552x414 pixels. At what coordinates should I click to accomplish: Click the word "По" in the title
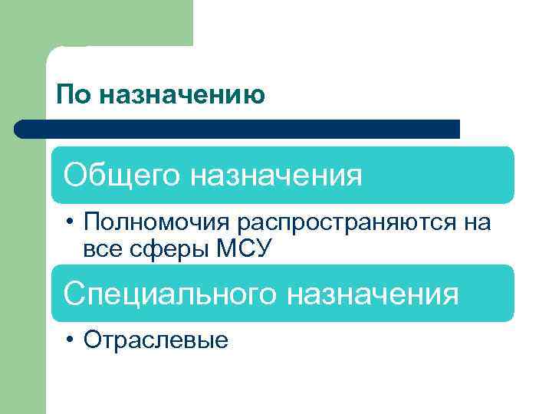(x=72, y=95)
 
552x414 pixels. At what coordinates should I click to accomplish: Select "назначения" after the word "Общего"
(x=276, y=176)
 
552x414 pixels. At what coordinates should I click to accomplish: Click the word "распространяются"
(x=350, y=223)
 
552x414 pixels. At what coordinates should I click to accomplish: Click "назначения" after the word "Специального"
(x=373, y=294)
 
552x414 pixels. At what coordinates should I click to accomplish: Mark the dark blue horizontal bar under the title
(x=238, y=129)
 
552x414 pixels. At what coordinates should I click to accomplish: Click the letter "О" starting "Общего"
(x=75, y=176)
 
